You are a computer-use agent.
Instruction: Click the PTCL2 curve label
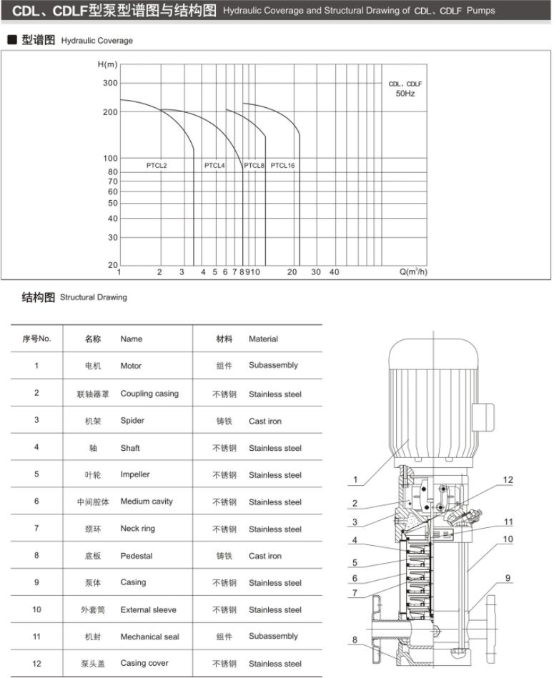coord(157,166)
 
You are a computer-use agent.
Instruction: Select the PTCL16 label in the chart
coord(282,166)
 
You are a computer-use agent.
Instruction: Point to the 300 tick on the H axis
coord(109,84)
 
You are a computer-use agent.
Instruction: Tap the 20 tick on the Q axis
coord(292,272)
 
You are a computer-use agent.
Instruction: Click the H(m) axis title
coord(107,65)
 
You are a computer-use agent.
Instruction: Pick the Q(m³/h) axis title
coord(413,272)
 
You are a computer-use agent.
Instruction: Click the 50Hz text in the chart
coord(405,94)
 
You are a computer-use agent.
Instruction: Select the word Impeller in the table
coord(135,475)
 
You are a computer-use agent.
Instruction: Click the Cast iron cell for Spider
coord(265,422)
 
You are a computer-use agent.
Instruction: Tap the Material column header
coord(263,339)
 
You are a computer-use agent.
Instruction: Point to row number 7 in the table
coord(36,529)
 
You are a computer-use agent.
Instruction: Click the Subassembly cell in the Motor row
coord(273,365)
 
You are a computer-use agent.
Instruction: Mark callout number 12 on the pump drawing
coord(508,480)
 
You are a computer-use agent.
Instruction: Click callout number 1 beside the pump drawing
coord(355,480)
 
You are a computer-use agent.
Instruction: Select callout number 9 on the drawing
coord(508,579)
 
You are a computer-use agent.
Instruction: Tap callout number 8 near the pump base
coord(355,640)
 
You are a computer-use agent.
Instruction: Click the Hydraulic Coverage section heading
coord(97,41)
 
